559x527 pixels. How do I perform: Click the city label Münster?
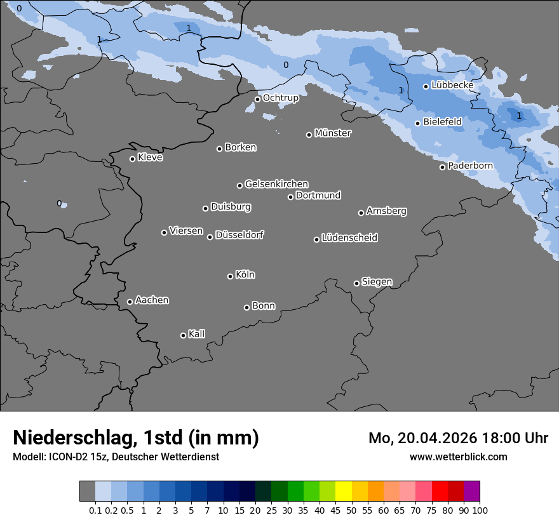coord(333,133)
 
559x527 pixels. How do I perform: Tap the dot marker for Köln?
coord(230,276)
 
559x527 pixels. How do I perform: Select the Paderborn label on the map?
coord(470,166)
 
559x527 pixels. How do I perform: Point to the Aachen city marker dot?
coord(130,302)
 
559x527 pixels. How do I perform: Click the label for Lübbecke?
coord(452,85)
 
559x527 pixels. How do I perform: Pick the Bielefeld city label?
coord(442,121)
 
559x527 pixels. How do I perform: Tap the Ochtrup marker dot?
coord(257,99)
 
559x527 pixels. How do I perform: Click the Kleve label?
coord(150,157)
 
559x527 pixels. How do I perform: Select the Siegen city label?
coord(377,282)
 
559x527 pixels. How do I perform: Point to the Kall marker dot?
coord(183,335)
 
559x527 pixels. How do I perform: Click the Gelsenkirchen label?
coord(276,184)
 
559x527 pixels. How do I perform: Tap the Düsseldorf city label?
coord(239,235)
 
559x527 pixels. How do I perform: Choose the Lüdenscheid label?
coord(349,238)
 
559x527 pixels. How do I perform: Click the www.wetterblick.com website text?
coord(458,457)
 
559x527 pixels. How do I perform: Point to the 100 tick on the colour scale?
coord(480,510)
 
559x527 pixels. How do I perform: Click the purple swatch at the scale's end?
coord(471,491)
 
